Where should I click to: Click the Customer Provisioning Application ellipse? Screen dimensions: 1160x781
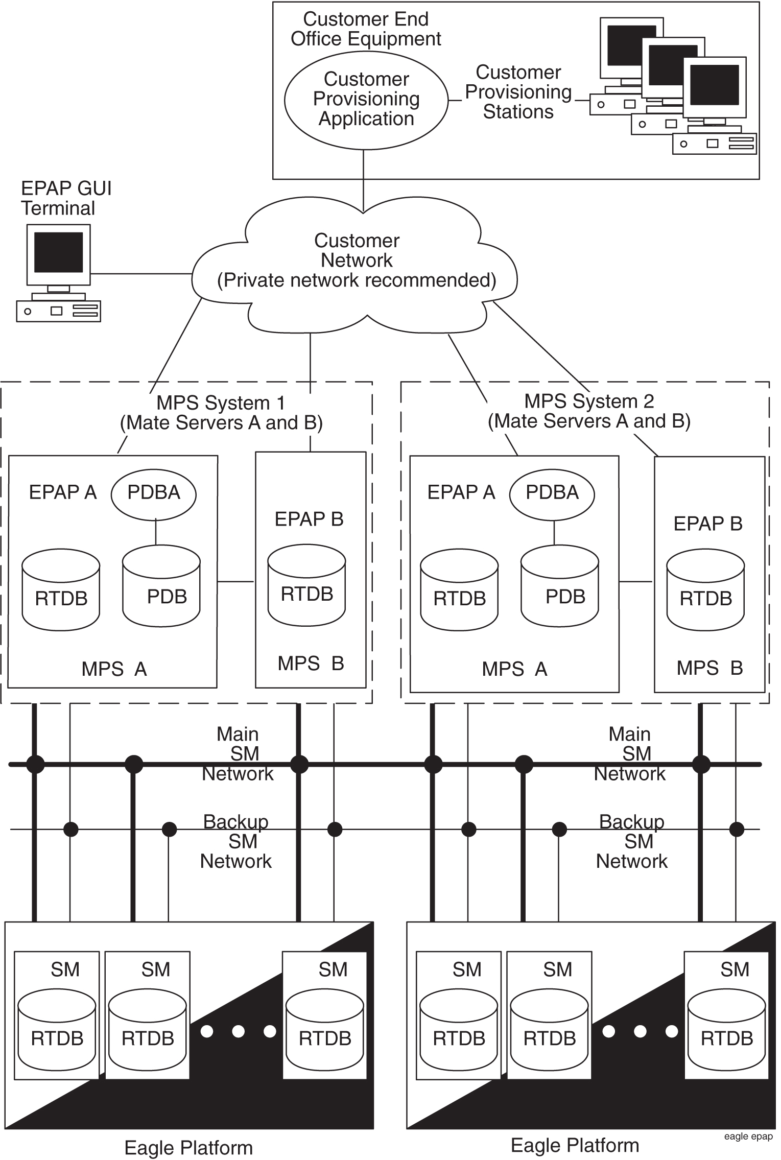366,99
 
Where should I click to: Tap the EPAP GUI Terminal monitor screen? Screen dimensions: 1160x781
58,252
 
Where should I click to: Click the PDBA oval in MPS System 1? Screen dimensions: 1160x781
154,492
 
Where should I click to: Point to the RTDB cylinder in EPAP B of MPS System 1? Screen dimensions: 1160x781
306,587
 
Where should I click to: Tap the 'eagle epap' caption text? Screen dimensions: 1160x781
748,1137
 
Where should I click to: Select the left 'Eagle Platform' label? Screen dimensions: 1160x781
188,1148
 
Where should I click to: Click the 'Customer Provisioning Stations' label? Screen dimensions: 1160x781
518,92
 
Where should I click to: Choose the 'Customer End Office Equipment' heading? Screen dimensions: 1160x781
366,29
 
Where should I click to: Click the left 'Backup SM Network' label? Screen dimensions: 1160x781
236,841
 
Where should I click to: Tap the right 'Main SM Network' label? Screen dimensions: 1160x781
630,754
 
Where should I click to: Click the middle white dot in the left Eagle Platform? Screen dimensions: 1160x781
238,1031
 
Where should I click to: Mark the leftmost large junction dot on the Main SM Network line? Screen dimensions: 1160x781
35,765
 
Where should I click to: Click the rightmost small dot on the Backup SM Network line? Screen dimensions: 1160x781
737,829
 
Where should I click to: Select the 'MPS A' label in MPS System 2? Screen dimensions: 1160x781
514,669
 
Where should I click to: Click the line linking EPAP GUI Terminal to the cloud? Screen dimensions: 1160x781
141,274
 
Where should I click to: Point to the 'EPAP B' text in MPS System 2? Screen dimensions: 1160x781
707,524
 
